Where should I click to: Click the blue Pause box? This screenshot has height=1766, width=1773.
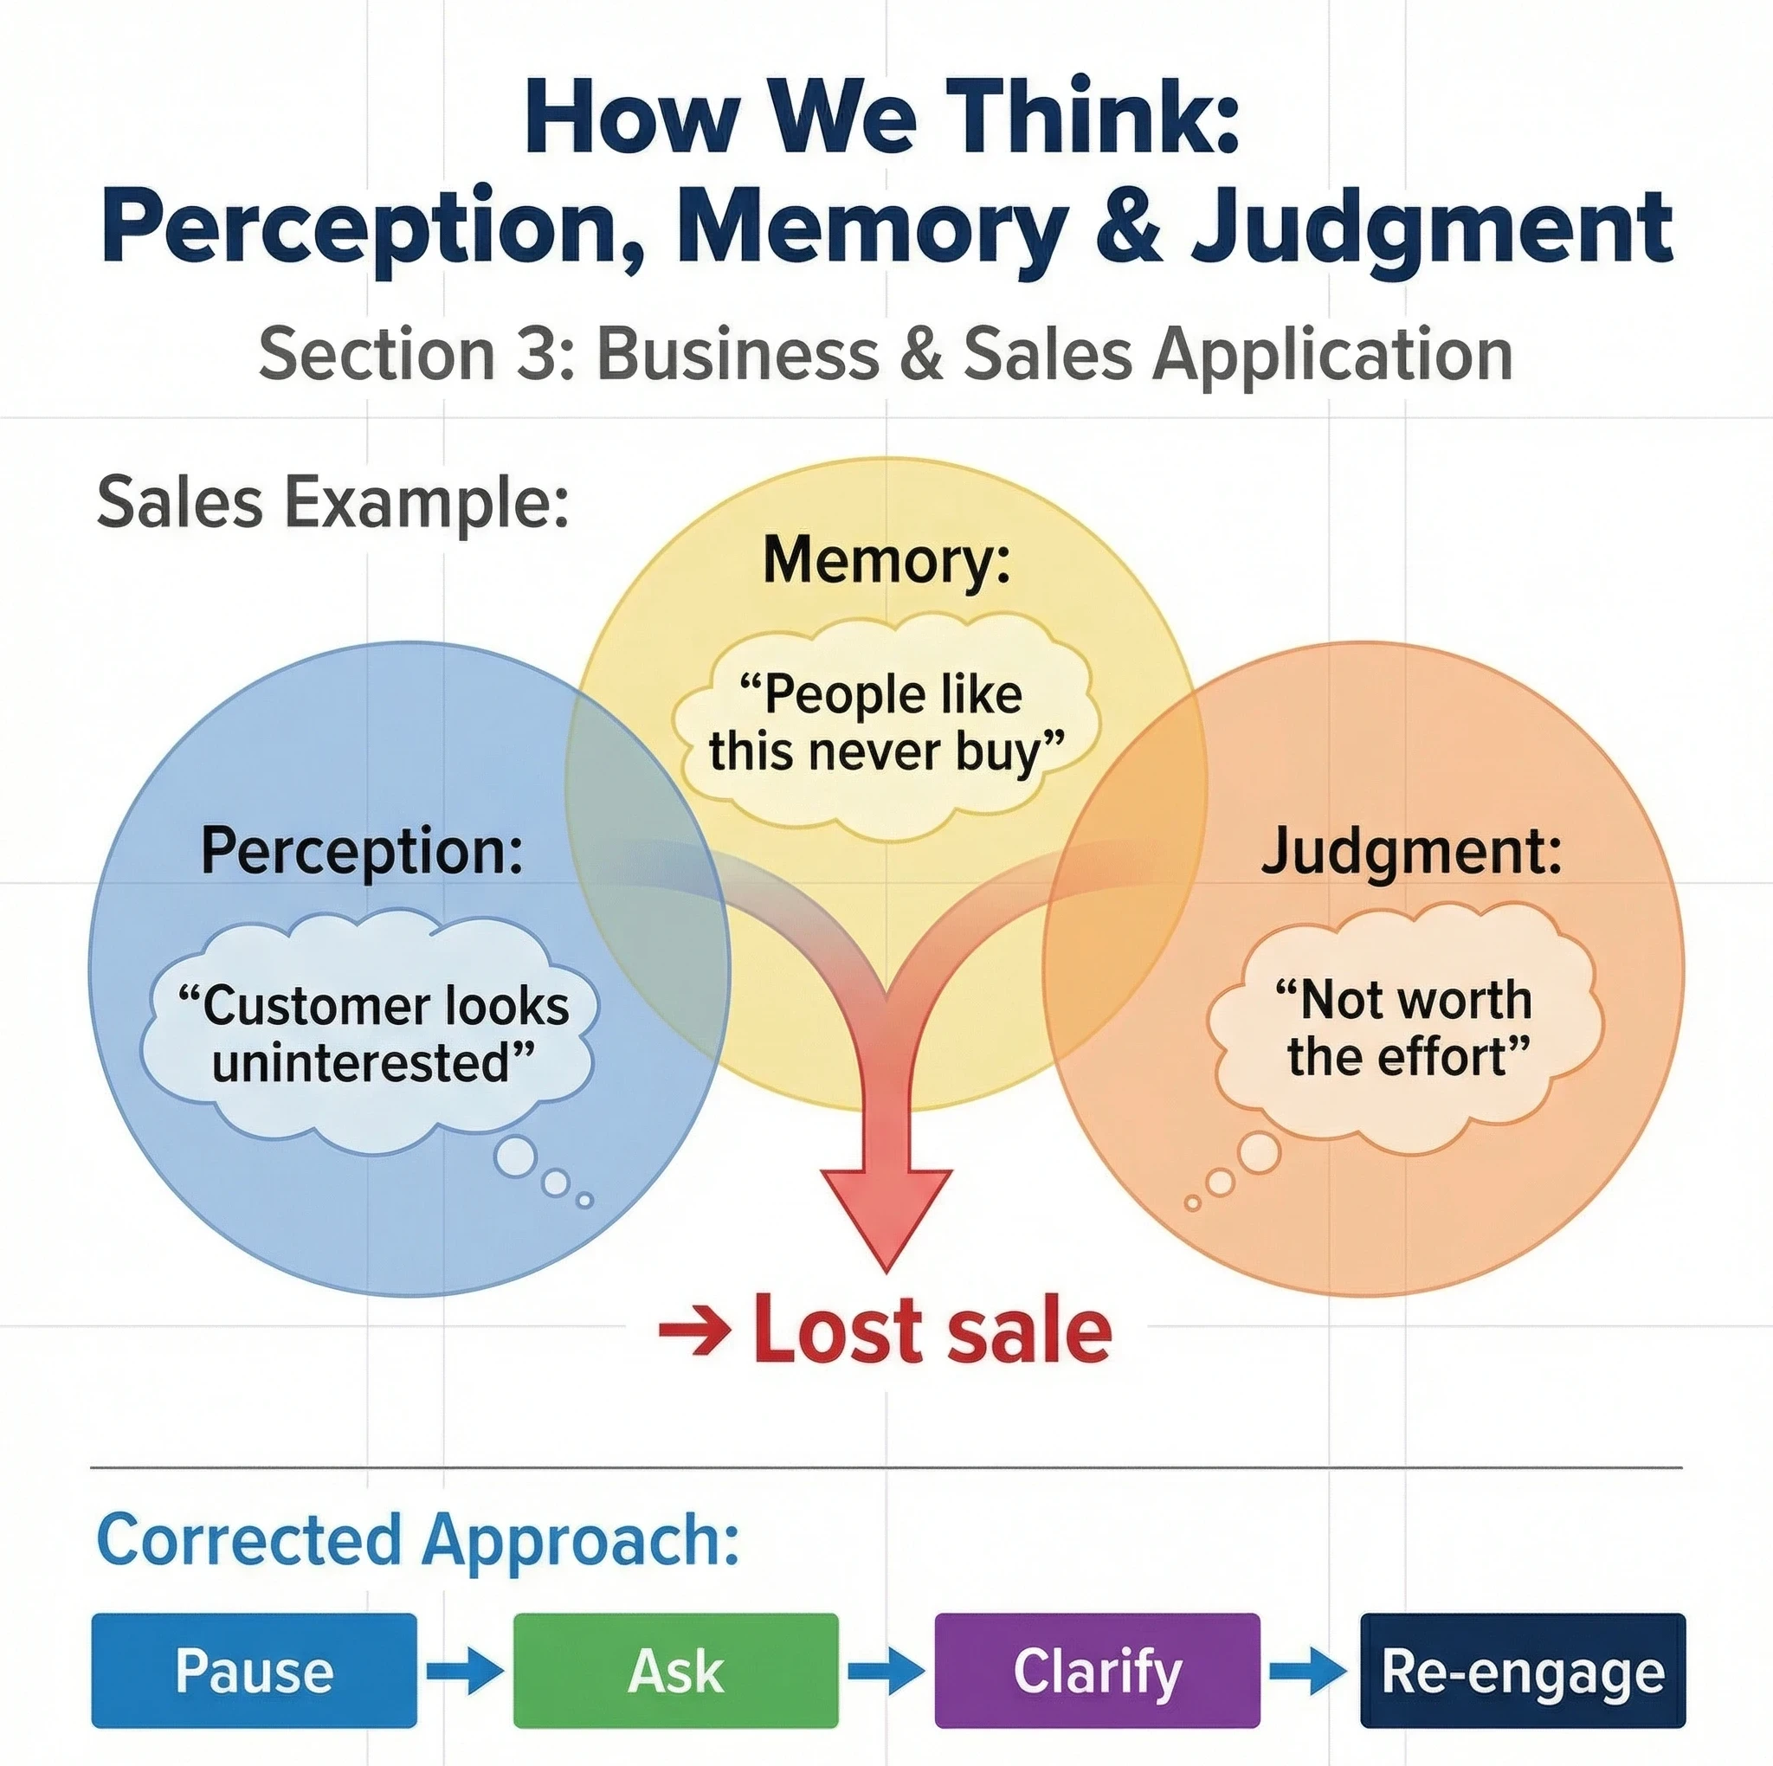[255, 1671]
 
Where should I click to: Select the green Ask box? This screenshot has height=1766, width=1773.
[675, 1671]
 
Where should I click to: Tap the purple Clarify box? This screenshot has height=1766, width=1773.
[1097, 1671]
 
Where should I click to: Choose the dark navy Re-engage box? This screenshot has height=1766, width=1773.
[1523, 1671]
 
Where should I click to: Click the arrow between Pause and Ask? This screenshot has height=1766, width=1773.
[465, 1671]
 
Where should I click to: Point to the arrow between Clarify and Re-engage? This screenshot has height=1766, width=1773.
[1309, 1671]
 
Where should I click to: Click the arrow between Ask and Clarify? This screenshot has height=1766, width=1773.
[886, 1671]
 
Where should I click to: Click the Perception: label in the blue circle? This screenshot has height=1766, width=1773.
[363, 851]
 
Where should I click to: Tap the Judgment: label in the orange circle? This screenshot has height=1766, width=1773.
[1410, 851]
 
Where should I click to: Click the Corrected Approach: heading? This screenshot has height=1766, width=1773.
[417, 1539]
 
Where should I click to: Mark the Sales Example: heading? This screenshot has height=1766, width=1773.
[333, 502]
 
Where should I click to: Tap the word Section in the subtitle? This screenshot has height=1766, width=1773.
[377, 353]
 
